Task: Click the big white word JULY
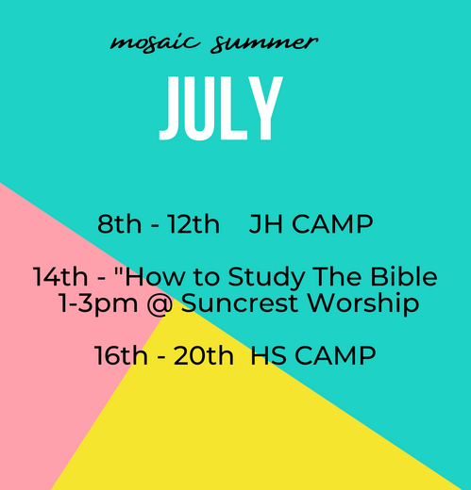click(x=221, y=109)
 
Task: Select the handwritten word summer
click(x=265, y=42)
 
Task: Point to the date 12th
click(x=193, y=225)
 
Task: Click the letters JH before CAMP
click(x=266, y=225)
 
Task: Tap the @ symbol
click(x=160, y=305)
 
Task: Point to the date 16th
click(x=121, y=357)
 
